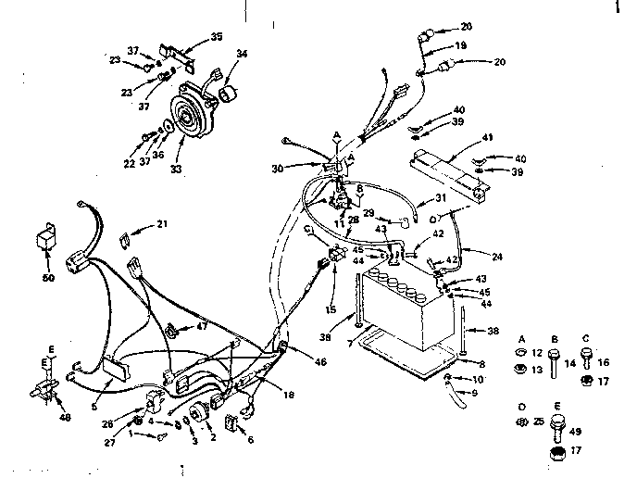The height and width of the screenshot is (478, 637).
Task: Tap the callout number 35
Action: [217, 38]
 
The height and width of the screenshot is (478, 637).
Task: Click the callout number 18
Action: [290, 395]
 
